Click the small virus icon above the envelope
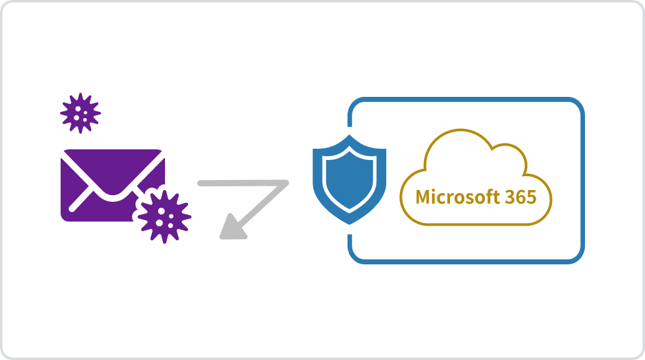pos(80,113)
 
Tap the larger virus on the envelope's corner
pos(164,214)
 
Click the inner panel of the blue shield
pos(349,178)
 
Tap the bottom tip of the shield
pos(349,223)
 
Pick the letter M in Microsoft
pos(423,197)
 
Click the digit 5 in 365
pos(531,197)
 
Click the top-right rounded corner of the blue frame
pos(574,107)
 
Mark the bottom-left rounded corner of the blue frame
pos(358,253)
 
